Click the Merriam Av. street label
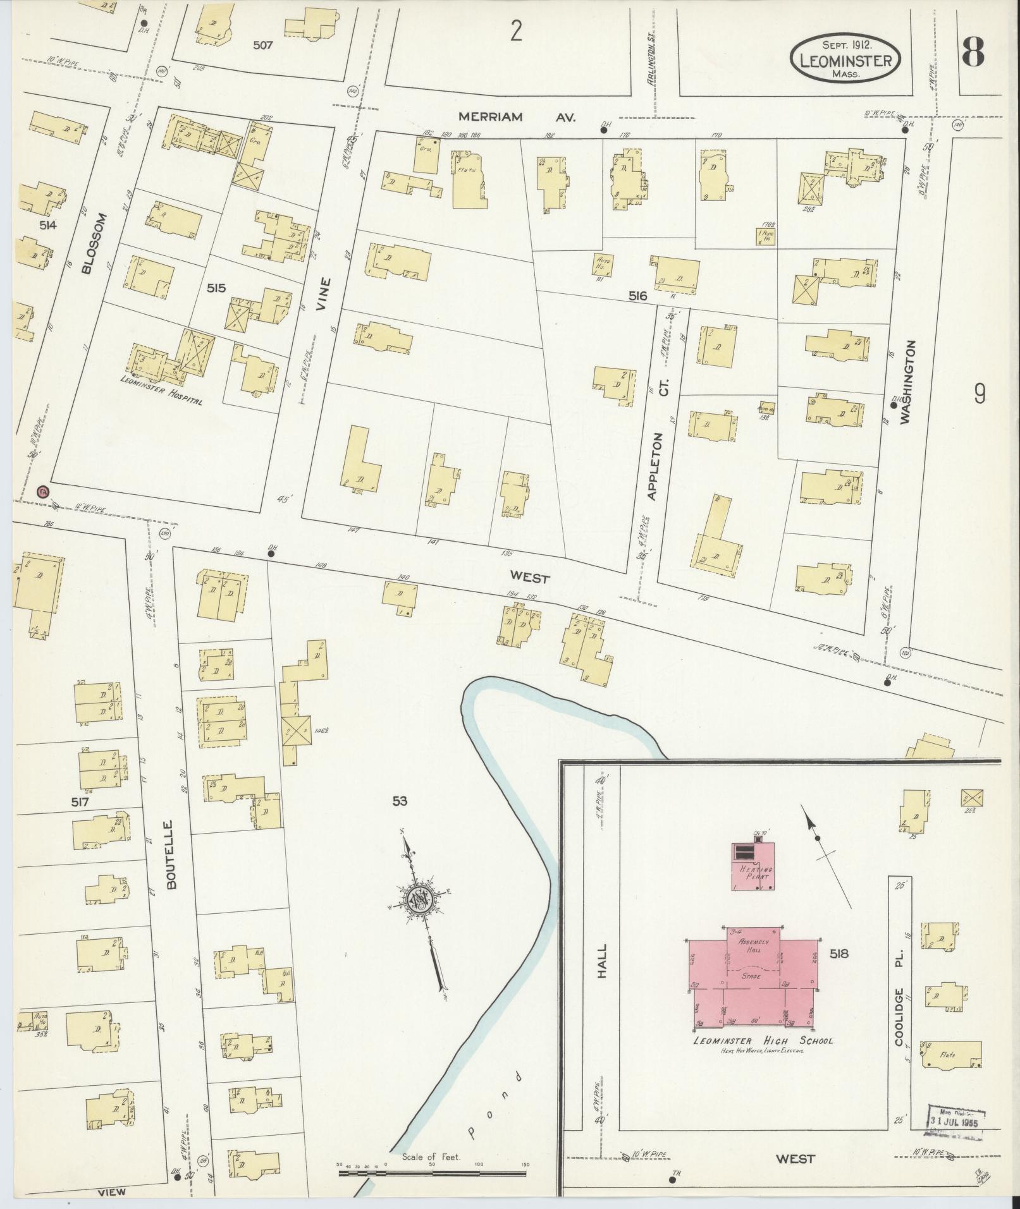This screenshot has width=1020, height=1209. pos(517,117)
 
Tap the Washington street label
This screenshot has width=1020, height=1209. pos(907,382)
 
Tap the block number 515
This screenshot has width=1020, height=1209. pos(216,288)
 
